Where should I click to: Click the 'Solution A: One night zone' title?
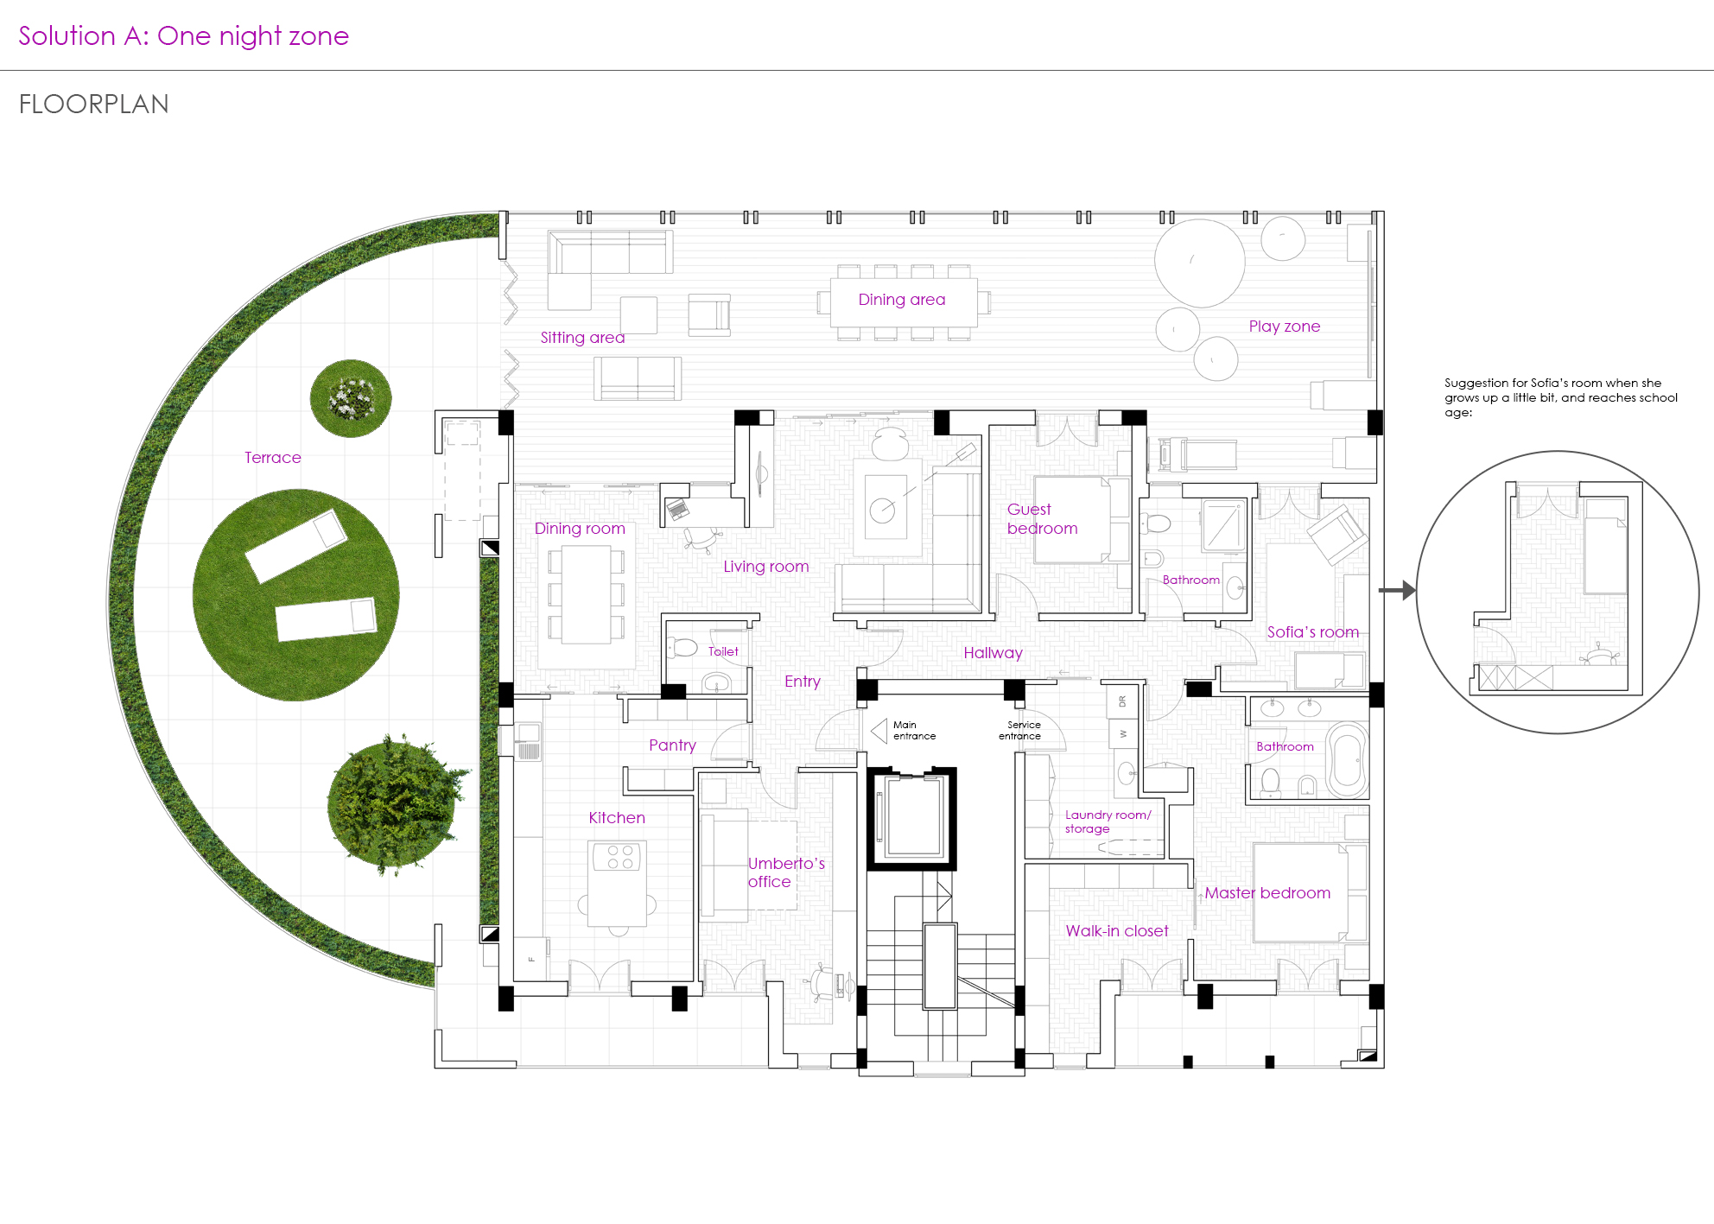[x=183, y=36]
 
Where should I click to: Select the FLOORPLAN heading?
[x=94, y=105]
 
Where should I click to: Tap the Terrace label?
[x=273, y=458]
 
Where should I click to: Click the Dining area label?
[x=902, y=300]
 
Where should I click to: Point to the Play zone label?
[x=1285, y=327]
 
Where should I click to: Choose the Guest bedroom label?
[x=1042, y=518]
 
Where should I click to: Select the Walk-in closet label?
[x=1116, y=931]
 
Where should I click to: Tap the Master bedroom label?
[x=1267, y=893]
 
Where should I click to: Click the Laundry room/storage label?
[x=1108, y=821]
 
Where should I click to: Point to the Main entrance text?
[x=914, y=731]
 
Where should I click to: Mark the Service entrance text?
[x=1020, y=731]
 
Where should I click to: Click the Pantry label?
[x=672, y=745]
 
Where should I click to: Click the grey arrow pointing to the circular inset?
[x=1397, y=591]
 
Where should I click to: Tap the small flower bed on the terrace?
[x=351, y=398]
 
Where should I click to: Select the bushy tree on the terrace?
[x=396, y=804]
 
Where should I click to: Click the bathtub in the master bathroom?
[x=1347, y=761]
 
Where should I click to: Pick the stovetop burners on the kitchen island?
[x=620, y=857]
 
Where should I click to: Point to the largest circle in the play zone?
[x=1200, y=263]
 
